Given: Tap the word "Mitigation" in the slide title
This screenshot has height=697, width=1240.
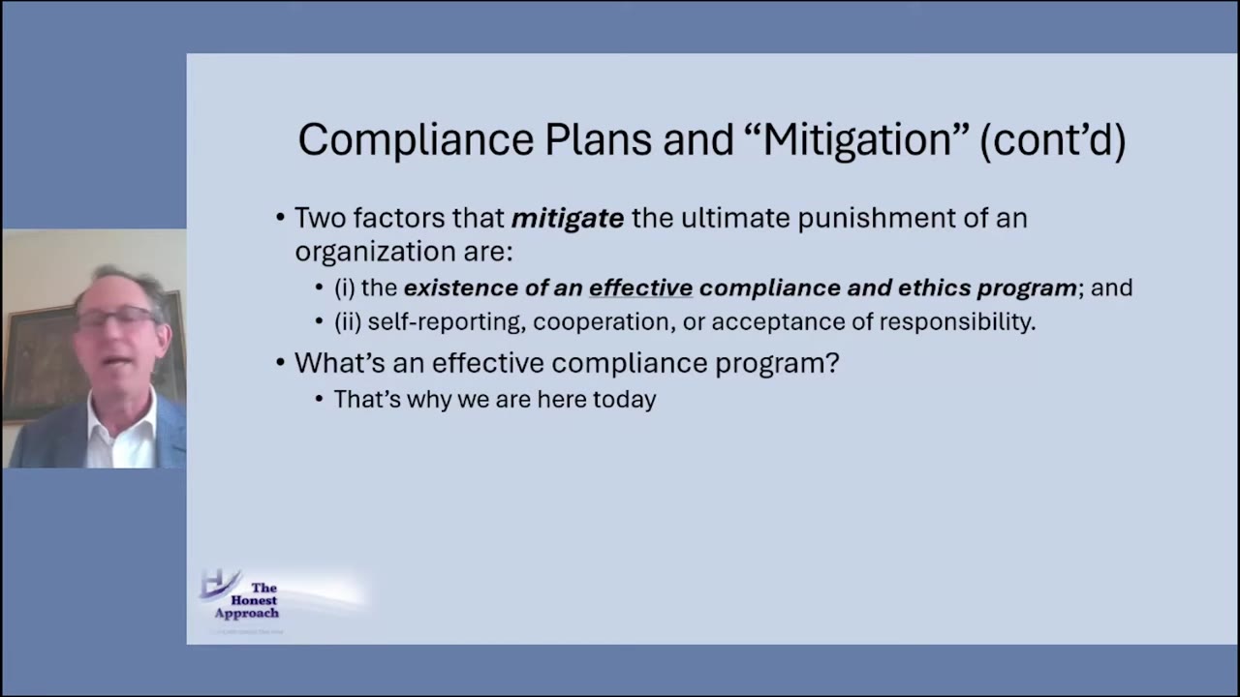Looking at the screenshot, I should (x=856, y=140).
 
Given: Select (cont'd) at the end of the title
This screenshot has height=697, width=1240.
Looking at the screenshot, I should (x=1052, y=140).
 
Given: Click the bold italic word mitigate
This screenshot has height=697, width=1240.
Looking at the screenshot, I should (x=567, y=219).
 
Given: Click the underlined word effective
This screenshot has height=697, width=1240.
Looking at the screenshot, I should (x=640, y=288).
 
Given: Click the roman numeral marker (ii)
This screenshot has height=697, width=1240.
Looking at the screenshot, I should (x=347, y=322).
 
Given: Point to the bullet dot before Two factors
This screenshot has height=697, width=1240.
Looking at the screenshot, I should (x=280, y=219).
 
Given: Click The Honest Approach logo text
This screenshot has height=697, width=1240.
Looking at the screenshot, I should (x=248, y=600).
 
